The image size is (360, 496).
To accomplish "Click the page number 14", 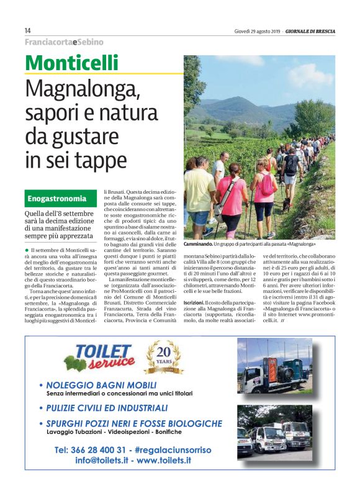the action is pyautogui.click(x=28, y=30).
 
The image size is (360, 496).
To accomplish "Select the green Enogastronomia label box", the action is pyautogui.click(x=60, y=199).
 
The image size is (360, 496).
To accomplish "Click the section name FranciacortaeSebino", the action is pyautogui.click(x=64, y=42).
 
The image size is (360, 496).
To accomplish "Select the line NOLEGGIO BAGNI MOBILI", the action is pyautogui.click(x=102, y=384).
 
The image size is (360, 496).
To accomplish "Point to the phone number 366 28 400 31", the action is pyautogui.click(x=91, y=449).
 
